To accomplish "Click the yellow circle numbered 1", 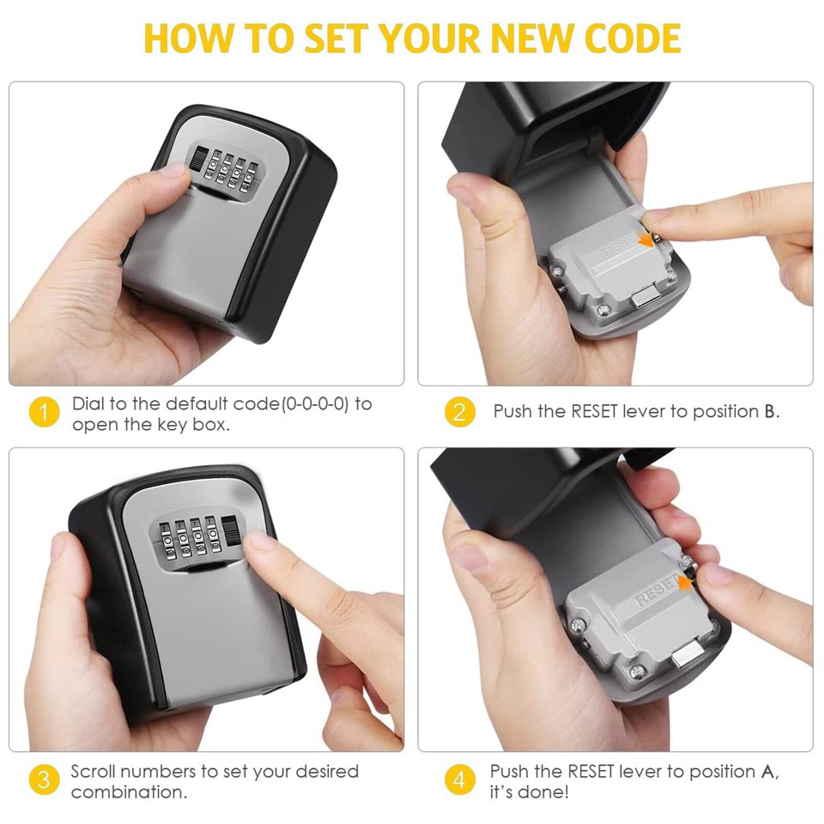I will (44, 413).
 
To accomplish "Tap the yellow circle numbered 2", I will (459, 413).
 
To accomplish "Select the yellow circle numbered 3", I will (44, 780).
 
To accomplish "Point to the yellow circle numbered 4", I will (459, 780).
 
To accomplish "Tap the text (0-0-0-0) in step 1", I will (315, 403).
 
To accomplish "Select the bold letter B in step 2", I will (769, 412).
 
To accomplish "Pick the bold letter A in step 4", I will (769, 772).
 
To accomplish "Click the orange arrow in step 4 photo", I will (684, 585).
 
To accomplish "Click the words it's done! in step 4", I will (530, 792).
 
